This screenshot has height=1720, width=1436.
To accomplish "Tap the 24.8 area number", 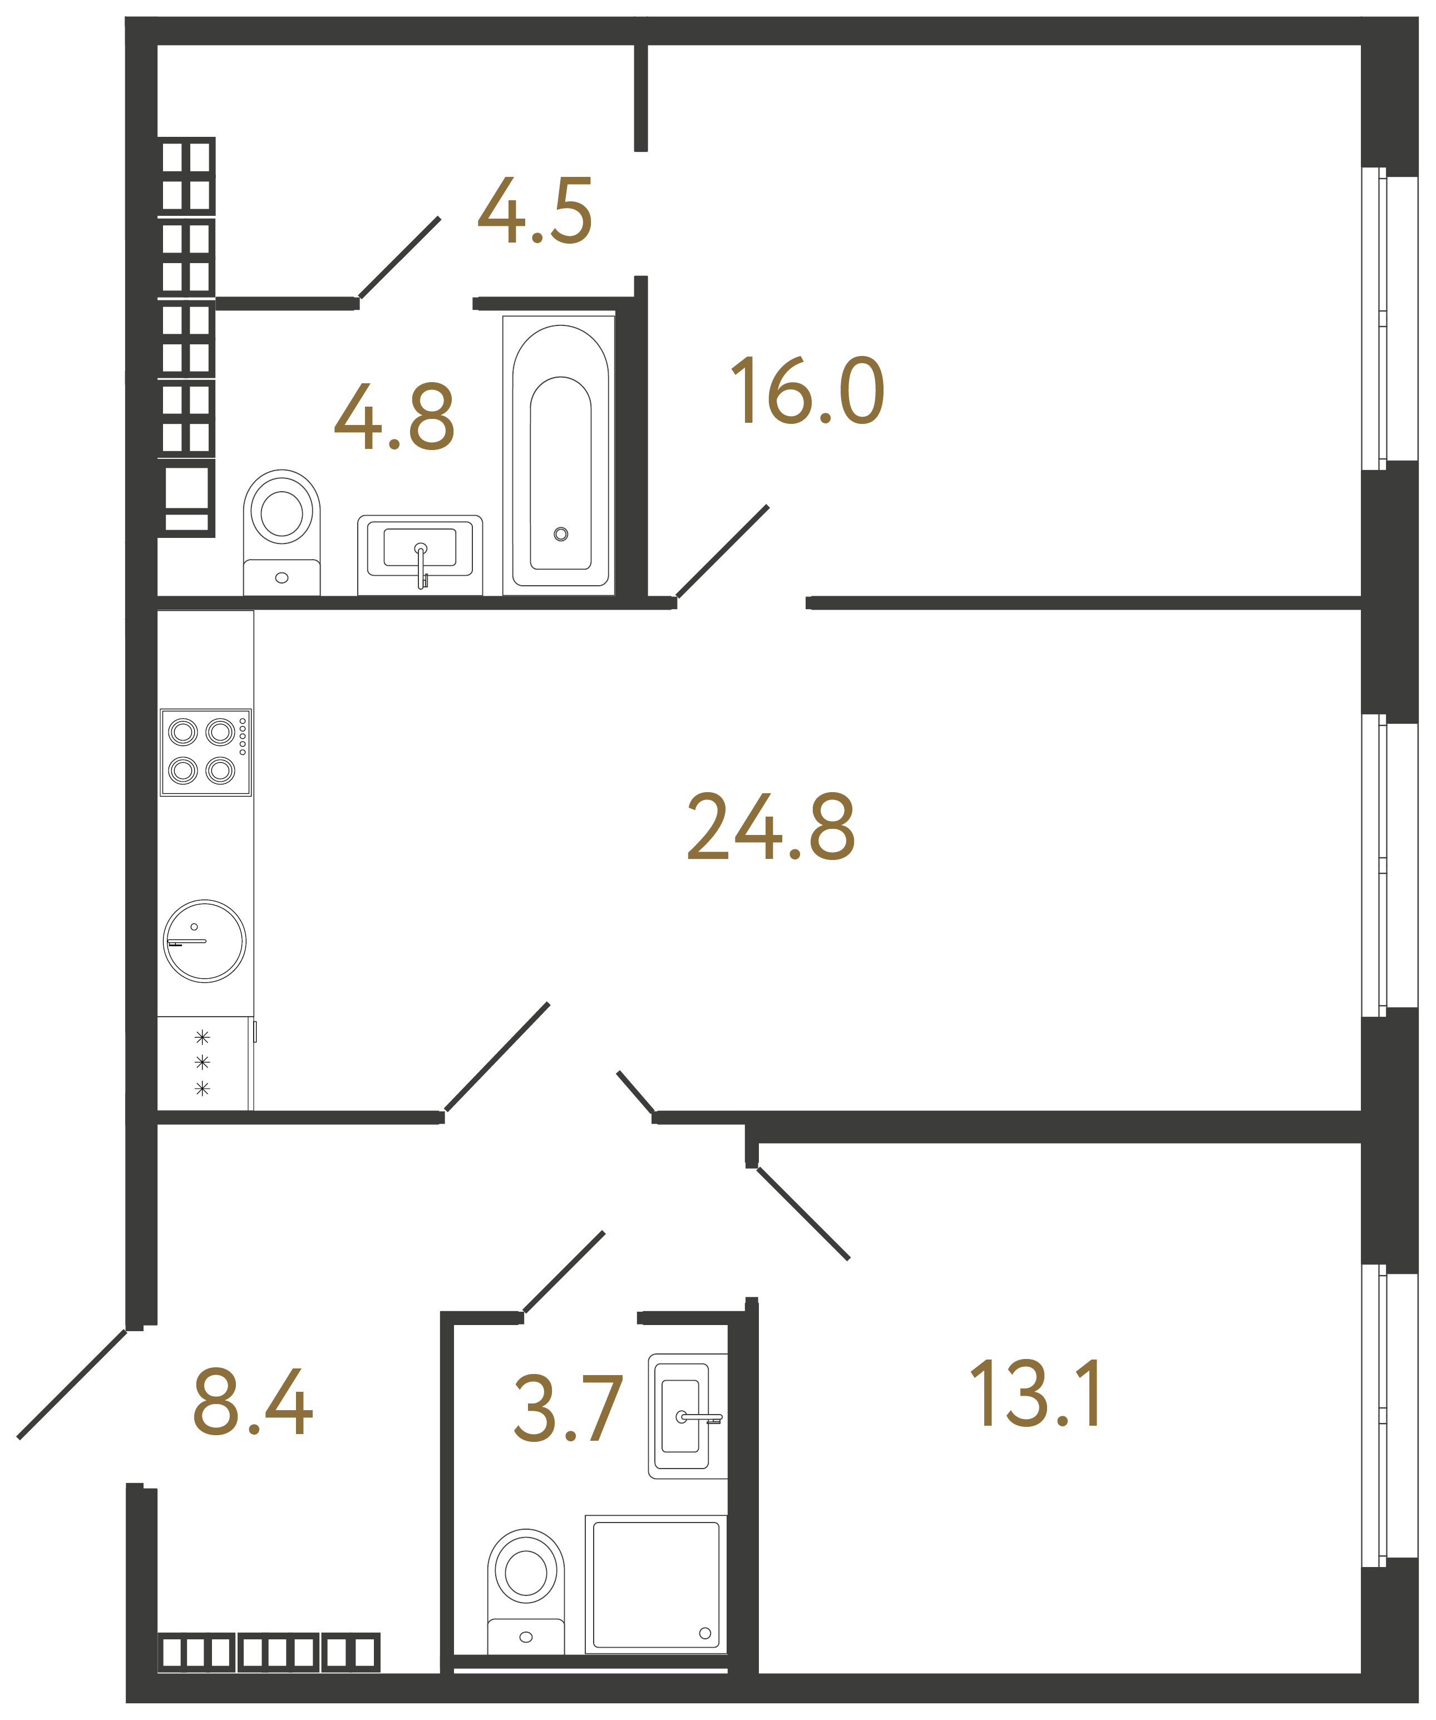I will coord(770,827).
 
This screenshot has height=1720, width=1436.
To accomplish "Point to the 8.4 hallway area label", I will coord(252,1403).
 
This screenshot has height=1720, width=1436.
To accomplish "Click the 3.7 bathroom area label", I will coord(568,1408).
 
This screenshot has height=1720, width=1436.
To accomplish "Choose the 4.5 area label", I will coord(535,211).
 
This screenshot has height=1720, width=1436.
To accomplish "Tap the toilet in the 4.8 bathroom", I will coord(281,532).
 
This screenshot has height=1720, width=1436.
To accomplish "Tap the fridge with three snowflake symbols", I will coord(203,1063).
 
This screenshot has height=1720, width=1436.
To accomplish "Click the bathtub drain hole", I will coord(560,534).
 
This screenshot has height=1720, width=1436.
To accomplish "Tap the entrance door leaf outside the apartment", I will coord(72,1383).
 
